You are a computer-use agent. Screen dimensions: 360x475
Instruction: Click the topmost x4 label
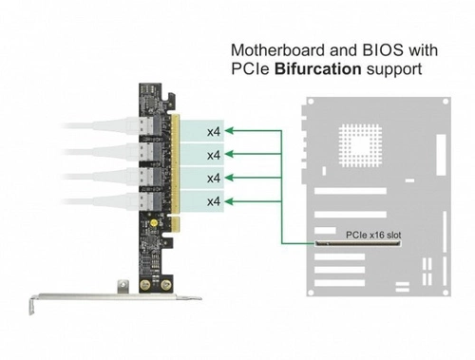pos(214,131)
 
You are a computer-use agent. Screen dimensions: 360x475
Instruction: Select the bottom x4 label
pos(214,201)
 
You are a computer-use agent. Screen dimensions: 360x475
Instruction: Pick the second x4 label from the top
pos(214,154)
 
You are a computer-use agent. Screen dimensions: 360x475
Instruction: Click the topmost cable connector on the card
pos(148,129)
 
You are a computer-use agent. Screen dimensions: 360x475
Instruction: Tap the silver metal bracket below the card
pos(114,300)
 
